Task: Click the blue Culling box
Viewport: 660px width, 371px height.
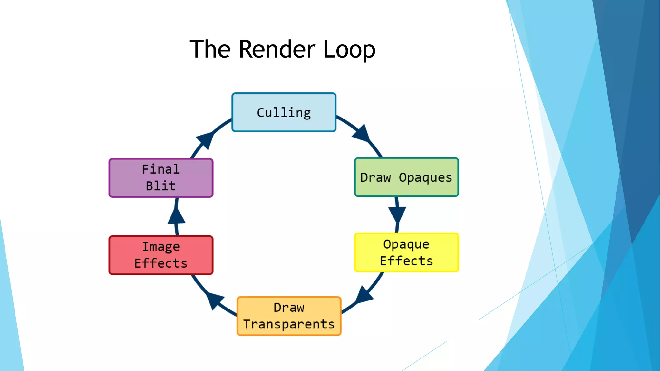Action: coord(284,112)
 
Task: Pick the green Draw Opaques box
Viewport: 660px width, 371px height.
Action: coord(406,177)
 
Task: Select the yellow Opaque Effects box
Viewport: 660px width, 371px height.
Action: coord(406,252)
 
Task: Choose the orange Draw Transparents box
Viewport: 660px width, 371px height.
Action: coord(289,316)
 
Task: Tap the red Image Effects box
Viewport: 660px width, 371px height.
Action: coord(161,255)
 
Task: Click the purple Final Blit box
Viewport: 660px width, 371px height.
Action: coord(161,178)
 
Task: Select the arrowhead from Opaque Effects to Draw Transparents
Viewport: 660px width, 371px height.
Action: coord(364,295)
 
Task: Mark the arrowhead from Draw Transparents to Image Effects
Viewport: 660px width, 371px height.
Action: coord(214,300)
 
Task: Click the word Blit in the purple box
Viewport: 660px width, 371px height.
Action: coord(161,186)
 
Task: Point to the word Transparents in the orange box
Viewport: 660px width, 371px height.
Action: coord(289,324)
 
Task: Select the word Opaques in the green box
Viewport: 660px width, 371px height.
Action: coord(425,178)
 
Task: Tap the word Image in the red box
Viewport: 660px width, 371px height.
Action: coord(161,247)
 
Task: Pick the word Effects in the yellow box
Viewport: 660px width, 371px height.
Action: coord(406,261)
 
